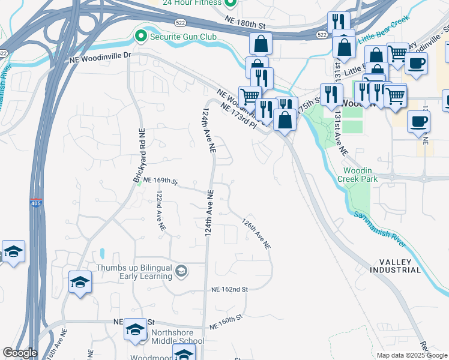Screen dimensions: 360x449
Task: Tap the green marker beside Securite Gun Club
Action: pyautogui.click(x=141, y=37)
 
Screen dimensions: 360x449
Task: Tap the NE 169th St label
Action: pyautogui.click(x=160, y=181)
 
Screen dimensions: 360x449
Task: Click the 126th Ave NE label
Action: pyautogui.click(x=256, y=233)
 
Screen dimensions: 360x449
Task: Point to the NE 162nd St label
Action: pyautogui.click(x=230, y=289)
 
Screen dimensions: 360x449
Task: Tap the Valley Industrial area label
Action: pyautogui.click(x=400, y=266)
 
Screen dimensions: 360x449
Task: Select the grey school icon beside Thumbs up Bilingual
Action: pyautogui.click(x=181, y=272)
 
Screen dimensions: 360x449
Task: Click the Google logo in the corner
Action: pyautogui.click(x=19, y=353)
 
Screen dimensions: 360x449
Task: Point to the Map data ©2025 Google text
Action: pyautogui.click(x=412, y=355)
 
